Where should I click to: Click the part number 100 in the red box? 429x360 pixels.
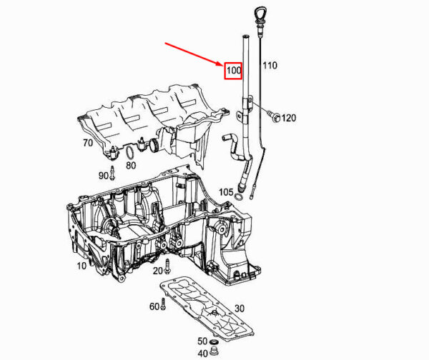[234, 71]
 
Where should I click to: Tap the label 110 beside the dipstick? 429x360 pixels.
[270, 65]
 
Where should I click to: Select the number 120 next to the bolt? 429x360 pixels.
[289, 118]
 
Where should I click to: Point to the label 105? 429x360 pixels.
[226, 192]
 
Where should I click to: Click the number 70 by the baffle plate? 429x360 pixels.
[88, 143]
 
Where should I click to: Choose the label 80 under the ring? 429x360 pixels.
[131, 166]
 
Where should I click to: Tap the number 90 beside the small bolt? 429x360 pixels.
[104, 176]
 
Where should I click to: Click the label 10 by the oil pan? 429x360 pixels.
[82, 266]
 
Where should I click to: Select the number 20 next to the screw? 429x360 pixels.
[157, 271]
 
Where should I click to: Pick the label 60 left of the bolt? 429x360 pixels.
[154, 306]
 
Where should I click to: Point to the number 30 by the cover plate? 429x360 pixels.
[240, 309]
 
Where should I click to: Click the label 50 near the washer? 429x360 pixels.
[202, 341]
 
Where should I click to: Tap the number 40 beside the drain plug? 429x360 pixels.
[202, 354]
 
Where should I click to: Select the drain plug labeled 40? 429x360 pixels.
[214, 352]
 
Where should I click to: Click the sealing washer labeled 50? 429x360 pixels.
[213, 342]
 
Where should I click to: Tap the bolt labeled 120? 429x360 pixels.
[274, 116]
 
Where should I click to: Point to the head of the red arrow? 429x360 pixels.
[223, 66]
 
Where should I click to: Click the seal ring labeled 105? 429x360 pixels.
[238, 197]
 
